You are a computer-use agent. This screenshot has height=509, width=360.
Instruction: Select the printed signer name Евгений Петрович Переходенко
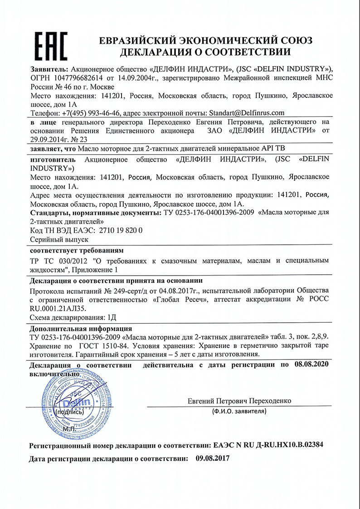[x=238, y=401]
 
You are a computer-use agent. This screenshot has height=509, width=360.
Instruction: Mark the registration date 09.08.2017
[x=213, y=458]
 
